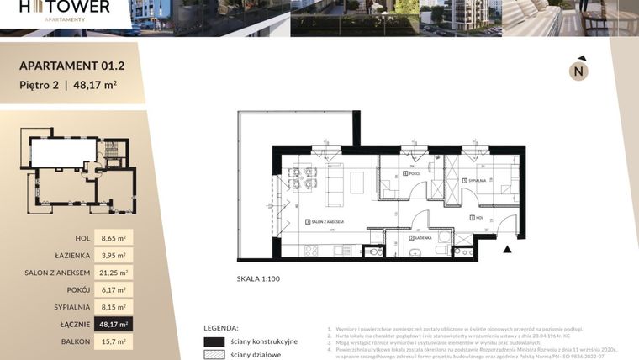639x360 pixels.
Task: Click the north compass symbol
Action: pyautogui.click(x=578, y=71)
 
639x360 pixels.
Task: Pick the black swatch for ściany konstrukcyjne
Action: pyautogui.click(x=214, y=341)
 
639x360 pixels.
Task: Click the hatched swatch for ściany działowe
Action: pyautogui.click(x=214, y=355)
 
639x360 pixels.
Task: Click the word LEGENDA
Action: pyautogui.click(x=222, y=327)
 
